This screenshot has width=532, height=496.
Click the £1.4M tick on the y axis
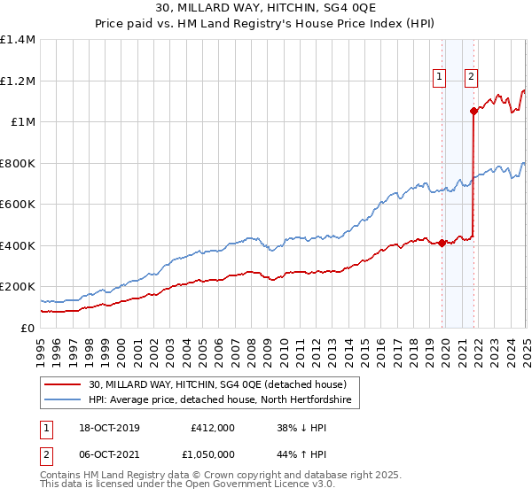[x=19, y=40]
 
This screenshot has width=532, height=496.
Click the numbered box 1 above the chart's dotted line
[x=439, y=77]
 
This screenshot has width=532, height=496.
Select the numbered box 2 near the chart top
[x=471, y=77]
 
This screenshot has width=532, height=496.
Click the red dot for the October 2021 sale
[x=474, y=112]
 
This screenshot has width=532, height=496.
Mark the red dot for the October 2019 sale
[x=442, y=243]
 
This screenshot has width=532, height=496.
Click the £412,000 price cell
[x=212, y=428]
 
